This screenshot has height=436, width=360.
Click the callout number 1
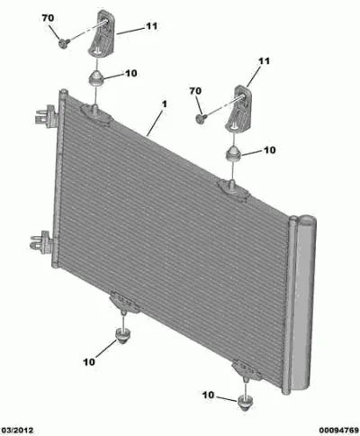coord(164,104)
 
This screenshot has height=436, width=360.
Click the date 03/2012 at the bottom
coord(17,431)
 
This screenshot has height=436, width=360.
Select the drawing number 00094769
coord(338,431)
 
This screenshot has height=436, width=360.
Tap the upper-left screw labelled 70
coord(64,43)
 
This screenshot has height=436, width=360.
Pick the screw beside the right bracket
coord(202,118)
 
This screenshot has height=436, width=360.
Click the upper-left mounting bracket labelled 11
coord(102,32)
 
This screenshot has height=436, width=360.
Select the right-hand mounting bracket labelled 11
coord(238,108)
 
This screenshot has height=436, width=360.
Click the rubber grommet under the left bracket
coord(96,77)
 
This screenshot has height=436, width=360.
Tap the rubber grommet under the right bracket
coord(233,153)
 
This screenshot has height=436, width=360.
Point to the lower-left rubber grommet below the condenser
coord(123,336)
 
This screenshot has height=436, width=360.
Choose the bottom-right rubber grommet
coord(246,403)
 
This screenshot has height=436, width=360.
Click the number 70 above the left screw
coord(48,18)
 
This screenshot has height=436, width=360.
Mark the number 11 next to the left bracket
coord(152,26)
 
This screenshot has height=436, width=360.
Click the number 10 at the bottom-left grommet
coord(89,362)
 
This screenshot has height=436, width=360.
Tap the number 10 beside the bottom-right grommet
coord(209,395)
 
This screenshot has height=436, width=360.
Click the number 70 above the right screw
coord(195,91)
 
